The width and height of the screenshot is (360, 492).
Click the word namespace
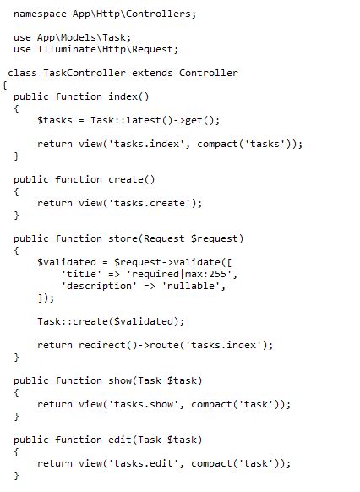click(40, 14)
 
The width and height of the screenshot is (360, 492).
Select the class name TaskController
click(85, 73)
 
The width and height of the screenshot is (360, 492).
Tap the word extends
click(152, 73)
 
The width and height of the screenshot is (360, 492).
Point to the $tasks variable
click(55, 120)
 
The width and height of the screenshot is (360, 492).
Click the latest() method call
click(150, 120)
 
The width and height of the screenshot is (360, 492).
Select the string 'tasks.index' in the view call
click(146, 144)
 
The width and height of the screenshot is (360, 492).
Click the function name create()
click(132, 179)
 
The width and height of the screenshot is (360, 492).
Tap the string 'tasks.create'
click(150, 203)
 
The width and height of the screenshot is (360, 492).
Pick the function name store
click(123, 238)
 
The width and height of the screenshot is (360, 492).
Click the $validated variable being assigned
click(67, 262)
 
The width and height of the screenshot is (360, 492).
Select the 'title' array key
click(81, 274)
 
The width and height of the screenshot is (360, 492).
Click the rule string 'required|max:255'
click(179, 274)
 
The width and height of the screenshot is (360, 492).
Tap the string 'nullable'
click(191, 286)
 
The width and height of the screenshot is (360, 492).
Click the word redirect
click(102, 345)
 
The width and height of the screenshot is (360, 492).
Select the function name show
click(120, 380)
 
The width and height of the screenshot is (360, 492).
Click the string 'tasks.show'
click(144, 404)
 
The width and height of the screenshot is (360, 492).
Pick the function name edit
click(120, 440)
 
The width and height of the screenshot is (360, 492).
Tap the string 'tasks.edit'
click(144, 463)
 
